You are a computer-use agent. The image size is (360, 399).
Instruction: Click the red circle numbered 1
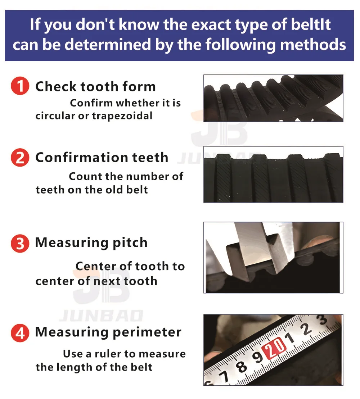20,86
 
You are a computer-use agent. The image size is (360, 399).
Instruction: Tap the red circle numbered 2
20,158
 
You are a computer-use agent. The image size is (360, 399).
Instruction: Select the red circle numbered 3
20,243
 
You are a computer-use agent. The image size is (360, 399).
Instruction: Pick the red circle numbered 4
20,333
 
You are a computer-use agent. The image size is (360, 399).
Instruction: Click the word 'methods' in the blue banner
313,44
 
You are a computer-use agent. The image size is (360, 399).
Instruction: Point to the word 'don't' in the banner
95,24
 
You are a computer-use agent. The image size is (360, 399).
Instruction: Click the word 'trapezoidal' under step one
122,116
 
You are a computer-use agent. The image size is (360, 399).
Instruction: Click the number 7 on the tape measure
224,376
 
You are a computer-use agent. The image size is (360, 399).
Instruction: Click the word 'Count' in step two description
83,176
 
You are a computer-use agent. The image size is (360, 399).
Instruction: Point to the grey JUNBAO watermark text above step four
101,316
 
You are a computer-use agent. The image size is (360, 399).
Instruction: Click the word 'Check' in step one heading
56,86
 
